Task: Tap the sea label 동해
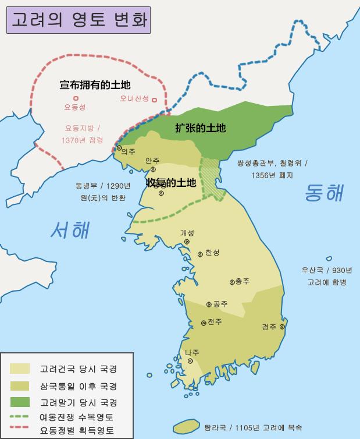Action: (324, 193)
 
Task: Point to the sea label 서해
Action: (70, 230)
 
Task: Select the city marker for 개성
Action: (187, 241)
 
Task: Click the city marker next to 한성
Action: (201, 253)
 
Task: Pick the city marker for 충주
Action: (231, 281)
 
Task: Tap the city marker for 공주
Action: (209, 304)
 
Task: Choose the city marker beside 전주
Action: (203, 323)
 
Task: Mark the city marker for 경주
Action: (282, 327)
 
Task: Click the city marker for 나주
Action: (190, 360)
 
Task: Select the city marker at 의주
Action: (119, 148)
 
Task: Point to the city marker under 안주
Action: (153, 169)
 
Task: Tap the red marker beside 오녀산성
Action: (154, 99)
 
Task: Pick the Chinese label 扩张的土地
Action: (200, 129)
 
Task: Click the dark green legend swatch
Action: (19, 402)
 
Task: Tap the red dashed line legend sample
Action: (19, 430)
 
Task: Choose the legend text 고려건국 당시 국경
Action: (78, 369)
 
